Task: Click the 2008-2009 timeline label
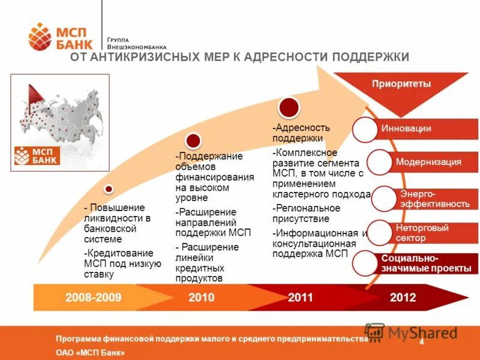(94, 298)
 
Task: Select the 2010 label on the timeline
(201, 298)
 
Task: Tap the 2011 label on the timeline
(301, 298)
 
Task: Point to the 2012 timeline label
(403, 298)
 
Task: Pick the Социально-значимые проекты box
(426, 264)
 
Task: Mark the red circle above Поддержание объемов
(193, 141)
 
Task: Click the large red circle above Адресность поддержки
(289, 107)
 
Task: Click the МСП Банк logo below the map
(37, 155)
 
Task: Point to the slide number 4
(422, 342)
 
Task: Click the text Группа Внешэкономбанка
(137, 43)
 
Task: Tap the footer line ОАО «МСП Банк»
(90, 353)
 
